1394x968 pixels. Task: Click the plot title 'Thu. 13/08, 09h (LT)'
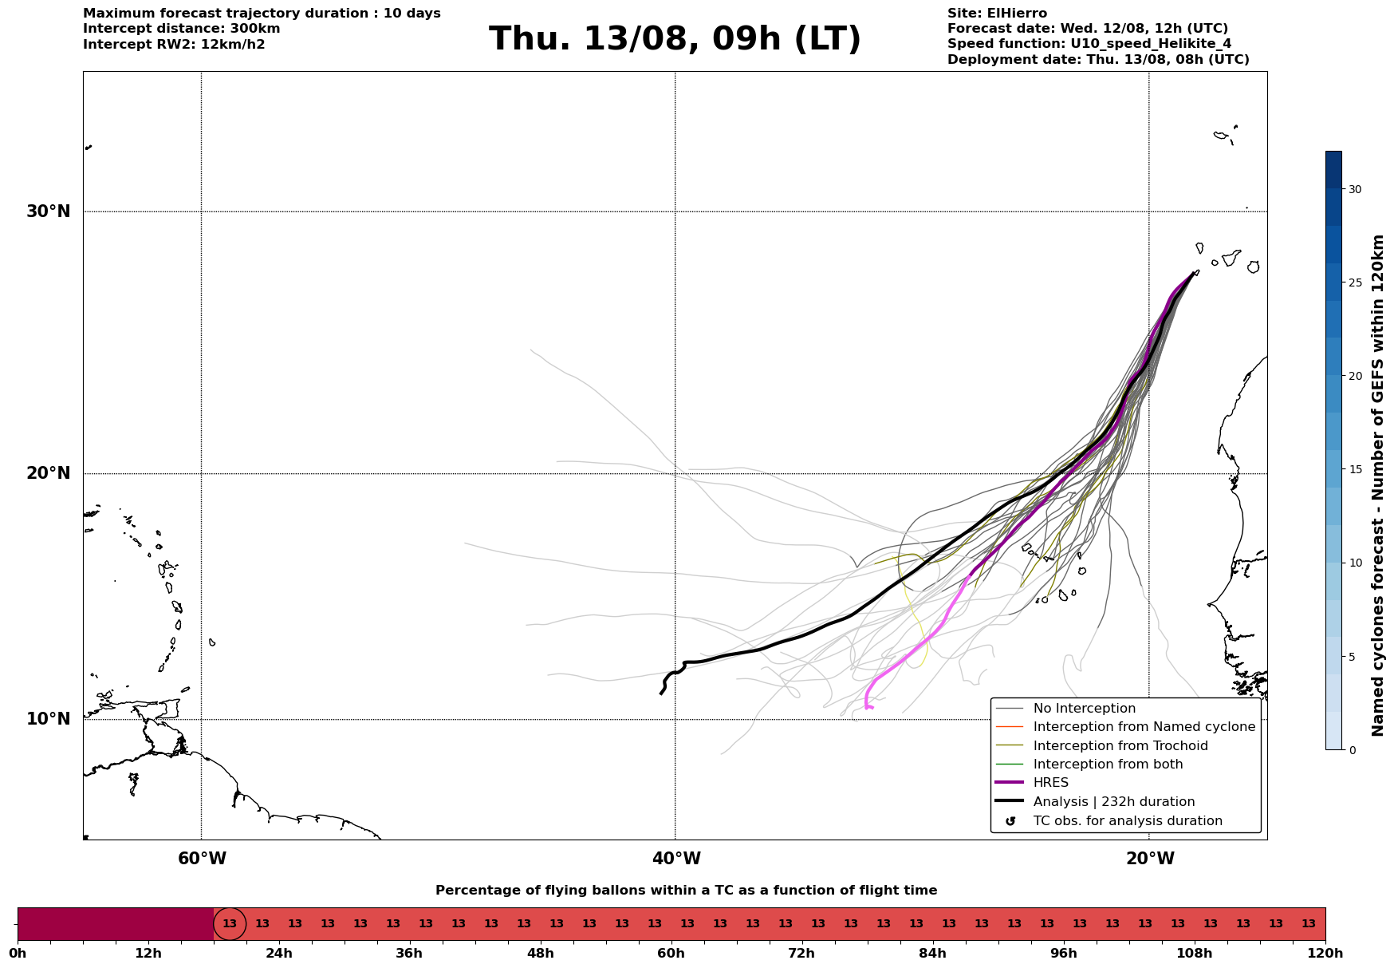click(x=675, y=39)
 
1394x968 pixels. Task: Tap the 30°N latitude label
click(x=49, y=211)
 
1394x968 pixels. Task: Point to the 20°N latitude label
click(x=49, y=473)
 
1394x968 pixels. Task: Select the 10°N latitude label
click(x=49, y=719)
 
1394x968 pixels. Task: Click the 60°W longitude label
click(x=202, y=859)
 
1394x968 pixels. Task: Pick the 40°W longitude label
click(x=676, y=859)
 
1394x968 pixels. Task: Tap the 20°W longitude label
click(x=1150, y=859)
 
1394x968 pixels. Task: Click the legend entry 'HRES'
click(x=1050, y=783)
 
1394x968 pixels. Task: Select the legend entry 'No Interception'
click(x=1084, y=709)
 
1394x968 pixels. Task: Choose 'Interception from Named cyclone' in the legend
click(x=1144, y=727)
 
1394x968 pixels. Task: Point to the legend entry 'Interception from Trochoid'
click(x=1120, y=746)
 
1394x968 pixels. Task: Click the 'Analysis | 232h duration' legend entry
click(x=1113, y=802)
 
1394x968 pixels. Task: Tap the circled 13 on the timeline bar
click(x=230, y=924)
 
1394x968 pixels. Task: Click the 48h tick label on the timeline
click(x=540, y=954)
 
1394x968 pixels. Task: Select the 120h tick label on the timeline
click(x=1325, y=954)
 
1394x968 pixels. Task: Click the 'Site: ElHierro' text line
click(x=997, y=14)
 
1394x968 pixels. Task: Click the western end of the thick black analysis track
click(x=661, y=693)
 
